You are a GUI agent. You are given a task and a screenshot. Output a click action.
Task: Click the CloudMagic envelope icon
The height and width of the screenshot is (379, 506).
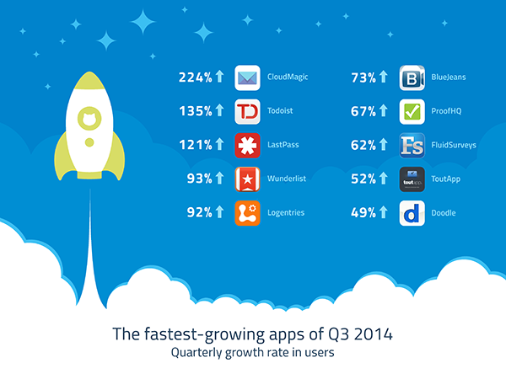pos(247,77)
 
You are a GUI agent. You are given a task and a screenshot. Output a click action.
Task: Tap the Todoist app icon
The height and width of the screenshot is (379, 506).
pos(247,111)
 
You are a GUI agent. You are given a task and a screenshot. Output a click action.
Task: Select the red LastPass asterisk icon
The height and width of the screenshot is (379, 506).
pos(247,146)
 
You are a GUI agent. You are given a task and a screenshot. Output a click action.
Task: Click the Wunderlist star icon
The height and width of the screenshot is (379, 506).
pos(247,179)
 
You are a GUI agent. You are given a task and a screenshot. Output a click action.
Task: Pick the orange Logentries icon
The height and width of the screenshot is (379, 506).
pos(247,213)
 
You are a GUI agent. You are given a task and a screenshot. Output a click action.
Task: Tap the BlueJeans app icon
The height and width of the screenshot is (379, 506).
pos(412,77)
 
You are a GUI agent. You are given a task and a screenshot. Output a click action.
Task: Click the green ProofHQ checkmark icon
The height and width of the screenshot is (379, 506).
pos(412,111)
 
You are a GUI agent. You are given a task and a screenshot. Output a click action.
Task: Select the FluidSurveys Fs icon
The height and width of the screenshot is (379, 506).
pos(412,146)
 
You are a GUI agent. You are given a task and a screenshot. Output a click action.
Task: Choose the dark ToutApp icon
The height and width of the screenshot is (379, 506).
pos(412,179)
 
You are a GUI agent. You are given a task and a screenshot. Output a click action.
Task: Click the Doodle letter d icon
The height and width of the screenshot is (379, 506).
pos(412,213)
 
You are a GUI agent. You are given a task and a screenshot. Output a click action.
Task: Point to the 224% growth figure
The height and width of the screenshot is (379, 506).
pos(196,77)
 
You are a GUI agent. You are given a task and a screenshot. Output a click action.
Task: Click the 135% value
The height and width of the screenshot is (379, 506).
pos(196,111)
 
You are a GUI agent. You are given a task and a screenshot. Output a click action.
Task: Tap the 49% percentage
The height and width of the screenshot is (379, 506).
pos(363,213)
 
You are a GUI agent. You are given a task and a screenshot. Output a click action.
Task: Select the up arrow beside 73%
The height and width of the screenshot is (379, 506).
pos(384,77)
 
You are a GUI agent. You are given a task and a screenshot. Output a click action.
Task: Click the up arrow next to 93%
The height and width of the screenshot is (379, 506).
pos(219,178)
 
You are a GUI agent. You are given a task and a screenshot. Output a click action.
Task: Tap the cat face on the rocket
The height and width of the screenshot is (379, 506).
pos(89,118)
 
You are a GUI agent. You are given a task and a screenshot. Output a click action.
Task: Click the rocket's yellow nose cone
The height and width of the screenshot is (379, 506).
pos(89,81)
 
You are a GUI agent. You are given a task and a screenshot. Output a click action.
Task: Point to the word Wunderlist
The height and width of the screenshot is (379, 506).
pos(287,179)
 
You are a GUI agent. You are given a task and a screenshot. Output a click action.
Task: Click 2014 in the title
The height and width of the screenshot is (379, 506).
pos(374,334)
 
